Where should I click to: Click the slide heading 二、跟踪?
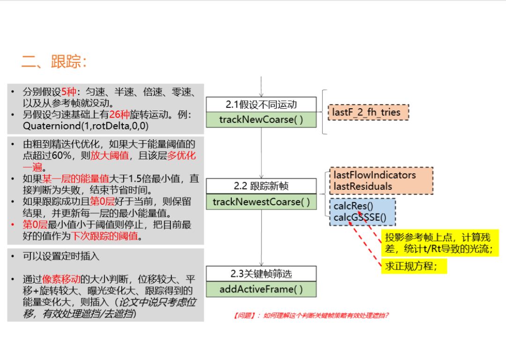point(54,61)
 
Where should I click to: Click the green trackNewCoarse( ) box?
point(261,120)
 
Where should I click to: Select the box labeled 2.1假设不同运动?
point(261,104)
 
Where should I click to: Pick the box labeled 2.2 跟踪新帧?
point(261,186)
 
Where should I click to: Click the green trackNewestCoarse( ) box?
point(261,202)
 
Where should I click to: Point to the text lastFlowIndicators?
point(374,175)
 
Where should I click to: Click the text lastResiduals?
point(363,186)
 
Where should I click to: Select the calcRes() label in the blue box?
point(353,206)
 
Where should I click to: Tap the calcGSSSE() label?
point(360,217)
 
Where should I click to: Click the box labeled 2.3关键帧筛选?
point(261,273)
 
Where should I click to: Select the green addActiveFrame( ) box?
point(261,289)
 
